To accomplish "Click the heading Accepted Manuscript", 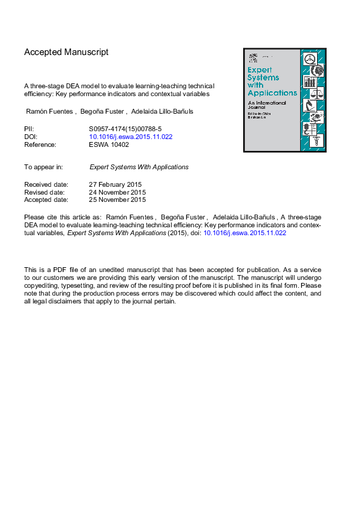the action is [67, 53].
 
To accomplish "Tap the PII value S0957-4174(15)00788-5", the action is [125, 129].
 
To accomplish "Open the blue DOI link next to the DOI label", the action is [131, 137].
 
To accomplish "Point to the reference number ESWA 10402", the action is [109, 145].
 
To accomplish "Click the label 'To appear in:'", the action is [44, 167].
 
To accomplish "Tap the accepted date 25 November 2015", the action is [118, 199].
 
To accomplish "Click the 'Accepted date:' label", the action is [46, 199].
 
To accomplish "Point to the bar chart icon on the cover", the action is [310, 82].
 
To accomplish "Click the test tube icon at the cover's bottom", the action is [315, 141].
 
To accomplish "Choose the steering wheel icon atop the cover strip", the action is [309, 59].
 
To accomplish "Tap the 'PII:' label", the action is [29, 129].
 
